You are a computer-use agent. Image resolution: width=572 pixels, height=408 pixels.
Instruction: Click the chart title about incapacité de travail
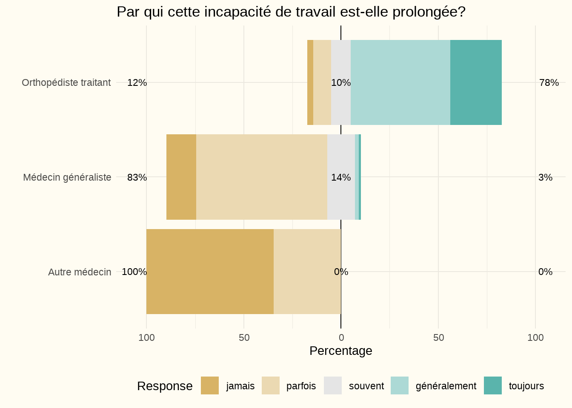coord(291,12)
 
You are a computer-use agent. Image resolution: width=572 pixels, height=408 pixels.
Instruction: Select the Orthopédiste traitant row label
coord(66,82)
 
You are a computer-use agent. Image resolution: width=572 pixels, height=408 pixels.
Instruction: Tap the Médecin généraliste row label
coord(67,177)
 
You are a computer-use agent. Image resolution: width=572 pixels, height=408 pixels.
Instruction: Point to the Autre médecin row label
coord(80,272)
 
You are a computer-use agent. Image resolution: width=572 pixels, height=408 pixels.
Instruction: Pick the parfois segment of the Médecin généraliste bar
coord(261,177)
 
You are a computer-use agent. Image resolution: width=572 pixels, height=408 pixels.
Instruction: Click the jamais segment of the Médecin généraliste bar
coord(181,177)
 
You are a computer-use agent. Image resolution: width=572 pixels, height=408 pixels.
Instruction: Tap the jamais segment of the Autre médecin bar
coord(210,272)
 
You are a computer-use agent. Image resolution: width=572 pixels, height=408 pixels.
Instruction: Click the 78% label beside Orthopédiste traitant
coord(549,83)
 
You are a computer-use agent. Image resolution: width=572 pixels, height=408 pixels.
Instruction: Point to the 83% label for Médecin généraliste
coord(137,177)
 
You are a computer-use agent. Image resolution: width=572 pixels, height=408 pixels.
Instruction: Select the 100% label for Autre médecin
coord(134,272)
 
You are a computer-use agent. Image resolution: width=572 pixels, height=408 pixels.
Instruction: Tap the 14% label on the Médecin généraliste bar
coord(341,177)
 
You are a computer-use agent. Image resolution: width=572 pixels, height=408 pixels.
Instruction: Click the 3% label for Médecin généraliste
coord(545,177)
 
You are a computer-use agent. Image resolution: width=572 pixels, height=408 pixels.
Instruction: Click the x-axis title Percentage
coord(340,351)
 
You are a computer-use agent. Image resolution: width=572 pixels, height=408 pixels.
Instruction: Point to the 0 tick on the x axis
coord(341,337)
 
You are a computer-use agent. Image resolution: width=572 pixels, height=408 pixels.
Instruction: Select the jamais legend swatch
coord(210,385)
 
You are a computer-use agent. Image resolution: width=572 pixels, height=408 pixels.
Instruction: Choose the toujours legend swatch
coord(493,385)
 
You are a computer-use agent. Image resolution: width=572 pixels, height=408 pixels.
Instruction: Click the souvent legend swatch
coord(333,385)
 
